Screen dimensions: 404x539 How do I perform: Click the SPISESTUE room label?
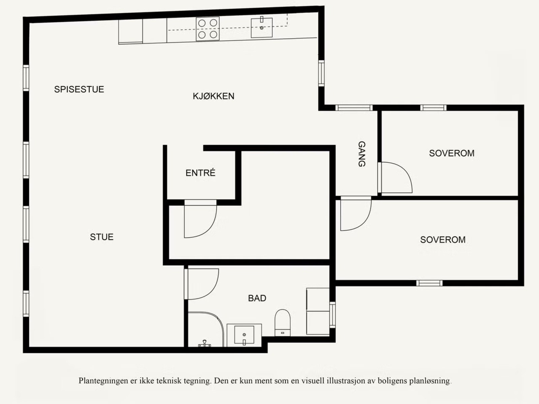(x=79, y=89)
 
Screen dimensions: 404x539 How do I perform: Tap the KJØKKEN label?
(x=213, y=96)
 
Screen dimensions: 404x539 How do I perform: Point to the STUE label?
(x=101, y=237)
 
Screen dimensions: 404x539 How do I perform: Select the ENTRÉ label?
(x=200, y=173)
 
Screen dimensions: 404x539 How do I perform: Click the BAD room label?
(x=257, y=298)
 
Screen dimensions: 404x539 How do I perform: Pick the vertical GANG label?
(x=361, y=154)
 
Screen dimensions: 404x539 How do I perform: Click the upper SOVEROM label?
(x=451, y=153)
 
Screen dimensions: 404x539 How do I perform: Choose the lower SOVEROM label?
(x=443, y=240)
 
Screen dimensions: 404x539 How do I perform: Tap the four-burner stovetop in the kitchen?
(x=208, y=29)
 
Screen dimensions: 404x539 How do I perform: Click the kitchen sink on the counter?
(x=261, y=28)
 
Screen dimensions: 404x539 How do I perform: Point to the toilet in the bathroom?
(x=283, y=322)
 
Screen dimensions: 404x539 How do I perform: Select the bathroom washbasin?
(x=244, y=335)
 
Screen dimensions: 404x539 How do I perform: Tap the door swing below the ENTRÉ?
(x=199, y=219)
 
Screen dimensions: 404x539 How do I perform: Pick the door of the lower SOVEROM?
(x=355, y=214)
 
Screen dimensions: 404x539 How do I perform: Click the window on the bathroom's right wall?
(x=332, y=315)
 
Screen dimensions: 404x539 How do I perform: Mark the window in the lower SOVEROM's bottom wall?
(x=429, y=283)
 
